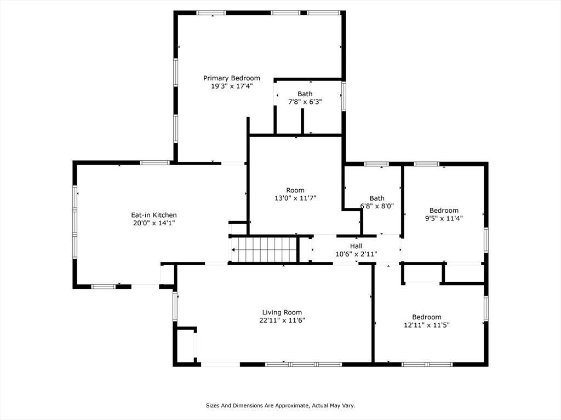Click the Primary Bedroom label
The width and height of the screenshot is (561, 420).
(x=232, y=78)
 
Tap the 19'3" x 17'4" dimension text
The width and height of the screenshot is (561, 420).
(x=232, y=86)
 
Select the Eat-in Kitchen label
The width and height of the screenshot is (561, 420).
(x=154, y=215)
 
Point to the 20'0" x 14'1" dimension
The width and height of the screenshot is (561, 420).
(x=154, y=223)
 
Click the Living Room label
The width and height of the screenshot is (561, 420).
(x=282, y=312)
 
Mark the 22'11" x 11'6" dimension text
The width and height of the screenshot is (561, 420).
(x=282, y=320)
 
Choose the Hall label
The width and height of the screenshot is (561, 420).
(x=356, y=246)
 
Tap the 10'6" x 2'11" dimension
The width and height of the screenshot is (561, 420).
(x=356, y=254)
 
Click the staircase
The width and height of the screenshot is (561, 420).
(x=265, y=249)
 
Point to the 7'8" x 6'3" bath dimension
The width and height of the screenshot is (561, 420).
(x=305, y=102)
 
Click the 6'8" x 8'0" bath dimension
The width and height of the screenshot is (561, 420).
(x=377, y=206)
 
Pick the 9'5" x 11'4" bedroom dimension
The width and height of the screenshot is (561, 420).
(x=444, y=218)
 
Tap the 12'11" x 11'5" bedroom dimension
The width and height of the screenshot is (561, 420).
(x=426, y=325)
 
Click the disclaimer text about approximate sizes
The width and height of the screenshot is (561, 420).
(x=280, y=405)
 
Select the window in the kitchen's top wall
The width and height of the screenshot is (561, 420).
(x=154, y=163)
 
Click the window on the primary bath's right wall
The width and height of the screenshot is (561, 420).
(x=344, y=96)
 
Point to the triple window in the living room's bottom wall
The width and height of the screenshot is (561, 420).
(x=304, y=364)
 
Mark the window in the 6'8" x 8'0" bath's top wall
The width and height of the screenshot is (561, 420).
(x=376, y=164)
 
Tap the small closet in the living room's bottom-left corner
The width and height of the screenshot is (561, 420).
(x=186, y=346)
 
